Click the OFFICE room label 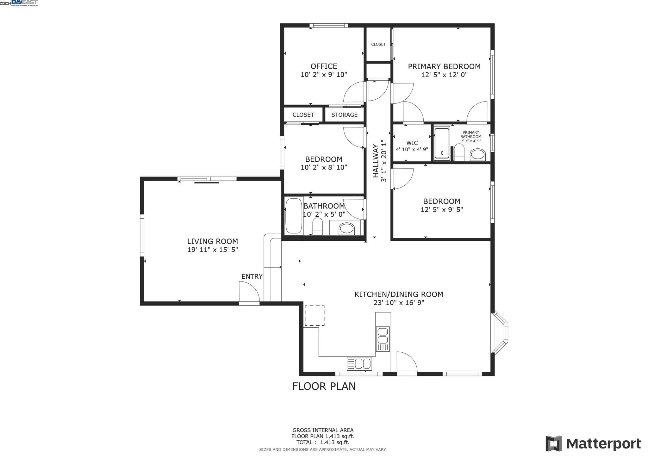(x=324, y=66)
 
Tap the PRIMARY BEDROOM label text (x=444, y=66)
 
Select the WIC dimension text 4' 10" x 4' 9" (x=412, y=149)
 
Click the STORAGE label (x=344, y=115)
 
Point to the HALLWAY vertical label (x=376, y=161)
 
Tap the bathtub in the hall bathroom (x=294, y=216)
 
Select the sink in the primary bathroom (x=477, y=155)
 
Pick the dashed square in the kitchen (x=314, y=315)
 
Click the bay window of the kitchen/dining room (x=501, y=333)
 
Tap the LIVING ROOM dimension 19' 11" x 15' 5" (x=212, y=250)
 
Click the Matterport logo (x=593, y=444)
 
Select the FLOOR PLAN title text (x=324, y=386)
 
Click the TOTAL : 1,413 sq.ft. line (x=322, y=442)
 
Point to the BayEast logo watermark (x=24, y=3)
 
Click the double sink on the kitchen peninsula (x=383, y=339)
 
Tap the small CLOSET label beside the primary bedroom (x=378, y=44)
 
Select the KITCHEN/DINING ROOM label (x=398, y=294)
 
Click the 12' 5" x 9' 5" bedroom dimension (x=441, y=209)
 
